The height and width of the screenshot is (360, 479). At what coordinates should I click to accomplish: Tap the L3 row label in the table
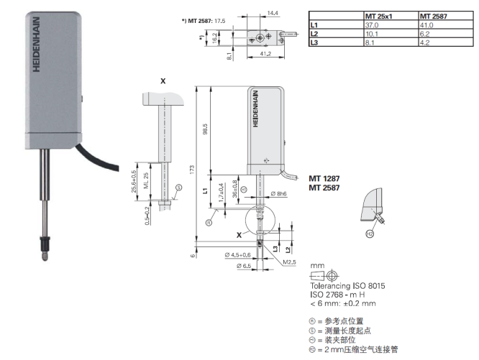[x=314, y=43]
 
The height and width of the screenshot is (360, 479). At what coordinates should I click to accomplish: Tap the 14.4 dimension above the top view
[x=273, y=12]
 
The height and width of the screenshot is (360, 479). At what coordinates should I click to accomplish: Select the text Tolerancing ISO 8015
[x=347, y=286]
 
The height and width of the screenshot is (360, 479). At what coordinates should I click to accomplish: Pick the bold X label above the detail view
[x=163, y=81]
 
